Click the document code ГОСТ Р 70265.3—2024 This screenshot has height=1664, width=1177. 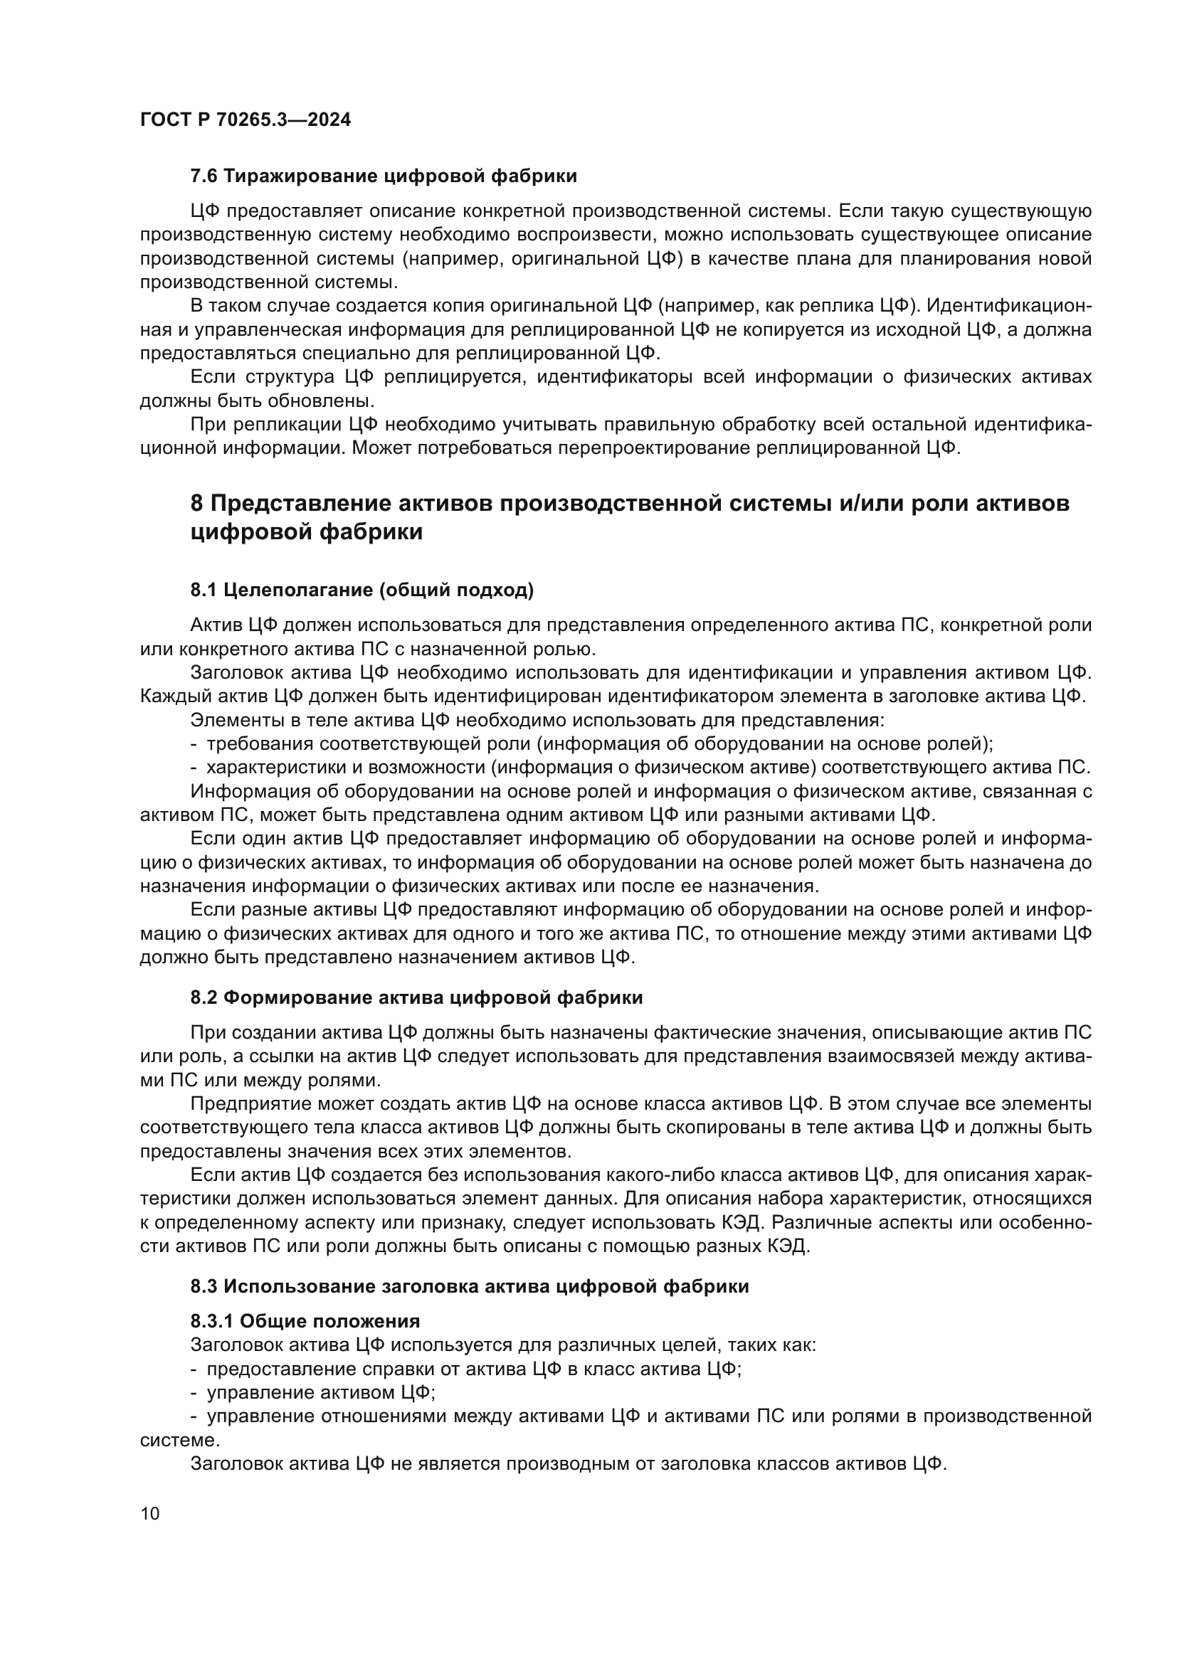pyautogui.click(x=245, y=120)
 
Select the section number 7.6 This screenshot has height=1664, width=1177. pyautogui.click(x=203, y=176)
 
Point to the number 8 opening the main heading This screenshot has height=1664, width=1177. pyautogui.click(x=196, y=503)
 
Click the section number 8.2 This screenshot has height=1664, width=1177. pyautogui.click(x=204, y=997)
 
